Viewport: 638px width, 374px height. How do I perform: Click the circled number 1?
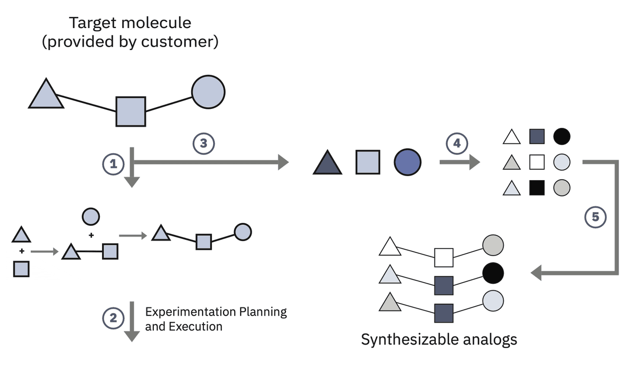pos(113,164)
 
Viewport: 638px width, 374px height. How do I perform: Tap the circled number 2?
pos(113,318)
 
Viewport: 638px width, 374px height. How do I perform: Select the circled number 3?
pos(204,143)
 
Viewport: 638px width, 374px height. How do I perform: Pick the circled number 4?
pos(457,143)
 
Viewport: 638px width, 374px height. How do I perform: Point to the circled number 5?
pos(595,217)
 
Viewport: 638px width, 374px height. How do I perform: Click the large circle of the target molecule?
pos(208,92)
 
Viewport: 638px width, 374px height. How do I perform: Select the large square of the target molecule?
pos(131,111)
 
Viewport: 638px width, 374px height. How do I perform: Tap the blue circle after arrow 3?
pos(407,162)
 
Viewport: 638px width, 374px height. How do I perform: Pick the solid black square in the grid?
pos(537,188)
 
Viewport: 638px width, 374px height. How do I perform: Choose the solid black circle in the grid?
pos(561,136)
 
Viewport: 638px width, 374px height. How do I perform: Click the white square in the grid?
pos(537,162)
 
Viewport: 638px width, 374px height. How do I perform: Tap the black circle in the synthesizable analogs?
pos(493,273)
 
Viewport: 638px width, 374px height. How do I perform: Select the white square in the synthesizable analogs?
pos(443,257)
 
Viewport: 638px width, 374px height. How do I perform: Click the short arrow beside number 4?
pos(459,162)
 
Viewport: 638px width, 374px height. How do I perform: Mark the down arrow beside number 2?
pos(132,322)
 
